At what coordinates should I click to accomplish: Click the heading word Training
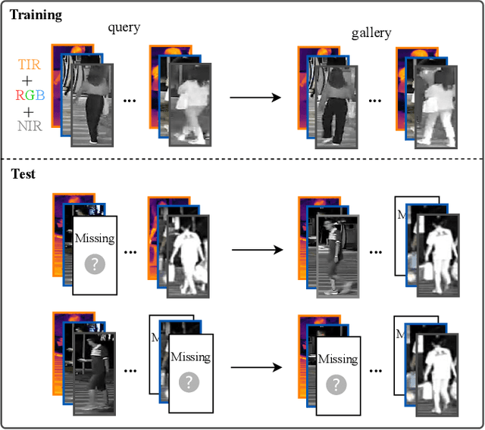[36, 14]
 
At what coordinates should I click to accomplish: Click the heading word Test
[23, 174]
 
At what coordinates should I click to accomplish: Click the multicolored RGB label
[30, 95]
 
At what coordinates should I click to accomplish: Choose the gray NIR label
[30, 125]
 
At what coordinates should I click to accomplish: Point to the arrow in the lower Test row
[258, 367]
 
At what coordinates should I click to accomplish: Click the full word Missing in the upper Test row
[95, 238]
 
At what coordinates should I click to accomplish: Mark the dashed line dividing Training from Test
[242, 158]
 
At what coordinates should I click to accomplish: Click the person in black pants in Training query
[91, 106]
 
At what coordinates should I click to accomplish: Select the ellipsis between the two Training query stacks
[128, 101]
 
